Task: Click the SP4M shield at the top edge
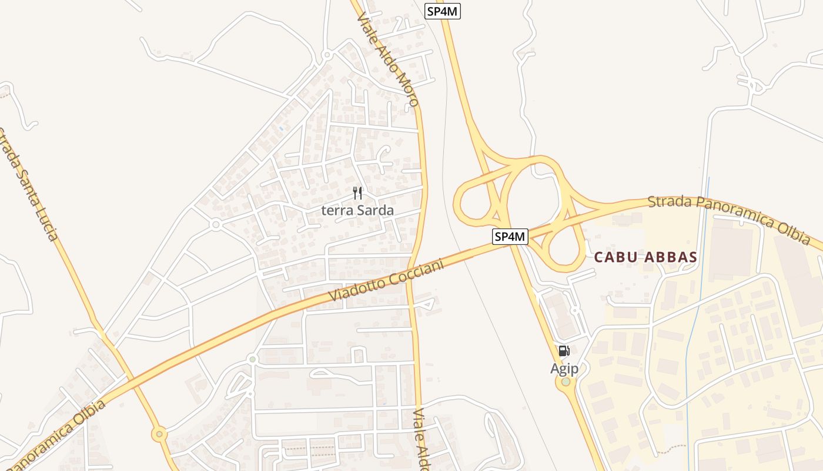(442, 11)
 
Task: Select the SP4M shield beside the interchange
(510, 237)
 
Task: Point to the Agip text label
(564, 369)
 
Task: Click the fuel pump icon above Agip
(564, 351)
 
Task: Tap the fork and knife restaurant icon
(357, 193)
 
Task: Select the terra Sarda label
(357, 210)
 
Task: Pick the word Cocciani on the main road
(419, 267)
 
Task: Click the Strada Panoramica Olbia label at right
(729, 219)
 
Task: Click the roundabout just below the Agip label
(566, 382)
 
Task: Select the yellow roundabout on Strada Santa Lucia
(159, 435)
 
